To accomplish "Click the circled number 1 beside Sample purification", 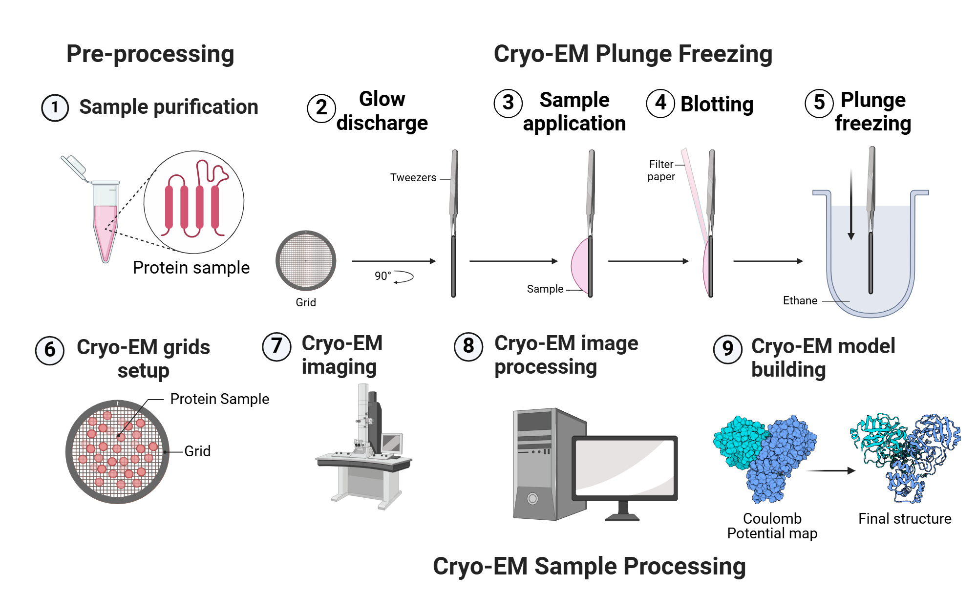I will pos(55,107).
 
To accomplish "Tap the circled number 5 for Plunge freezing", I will pos(819,103).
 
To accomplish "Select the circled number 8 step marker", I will pos(468,346).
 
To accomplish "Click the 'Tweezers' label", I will pos(413,178).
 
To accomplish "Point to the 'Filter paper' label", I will pos(661,170).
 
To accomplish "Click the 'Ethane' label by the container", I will pos(800,301).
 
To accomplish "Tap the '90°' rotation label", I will pos(382,276).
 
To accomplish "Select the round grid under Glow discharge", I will pos(306,260).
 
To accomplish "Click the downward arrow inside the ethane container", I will pos(851,205).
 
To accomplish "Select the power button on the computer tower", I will pos(532,498).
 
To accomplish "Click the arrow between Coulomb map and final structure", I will pos(830,471).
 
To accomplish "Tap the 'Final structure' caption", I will pos(904,519).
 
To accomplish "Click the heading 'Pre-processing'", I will pos(150,54).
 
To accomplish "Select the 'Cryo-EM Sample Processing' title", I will pos(589,567).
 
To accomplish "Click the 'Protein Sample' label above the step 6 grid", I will pos(219,399).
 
